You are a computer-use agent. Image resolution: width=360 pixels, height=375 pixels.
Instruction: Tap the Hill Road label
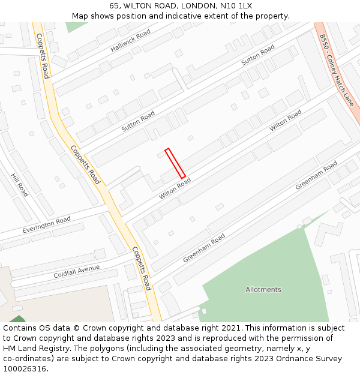coord(19,185)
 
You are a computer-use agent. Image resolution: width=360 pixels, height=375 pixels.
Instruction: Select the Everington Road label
coord(46,224)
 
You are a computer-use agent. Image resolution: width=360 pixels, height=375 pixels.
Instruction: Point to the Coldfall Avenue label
coord(76,271)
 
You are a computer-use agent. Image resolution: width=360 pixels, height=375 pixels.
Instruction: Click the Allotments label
coord(263,289)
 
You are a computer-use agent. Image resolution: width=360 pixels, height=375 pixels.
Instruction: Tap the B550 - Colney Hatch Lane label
coord(336,70)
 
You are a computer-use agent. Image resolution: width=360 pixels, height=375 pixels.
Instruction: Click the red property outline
coord(175,163)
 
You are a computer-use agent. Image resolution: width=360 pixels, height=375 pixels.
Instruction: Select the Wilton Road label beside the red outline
coord(175,188)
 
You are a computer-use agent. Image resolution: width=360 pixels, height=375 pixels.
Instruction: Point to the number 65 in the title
coord(115,6)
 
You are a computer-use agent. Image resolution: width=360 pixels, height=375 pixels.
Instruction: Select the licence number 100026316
coord(25,369)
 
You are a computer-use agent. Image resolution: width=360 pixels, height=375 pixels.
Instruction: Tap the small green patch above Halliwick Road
coord(76,26)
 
